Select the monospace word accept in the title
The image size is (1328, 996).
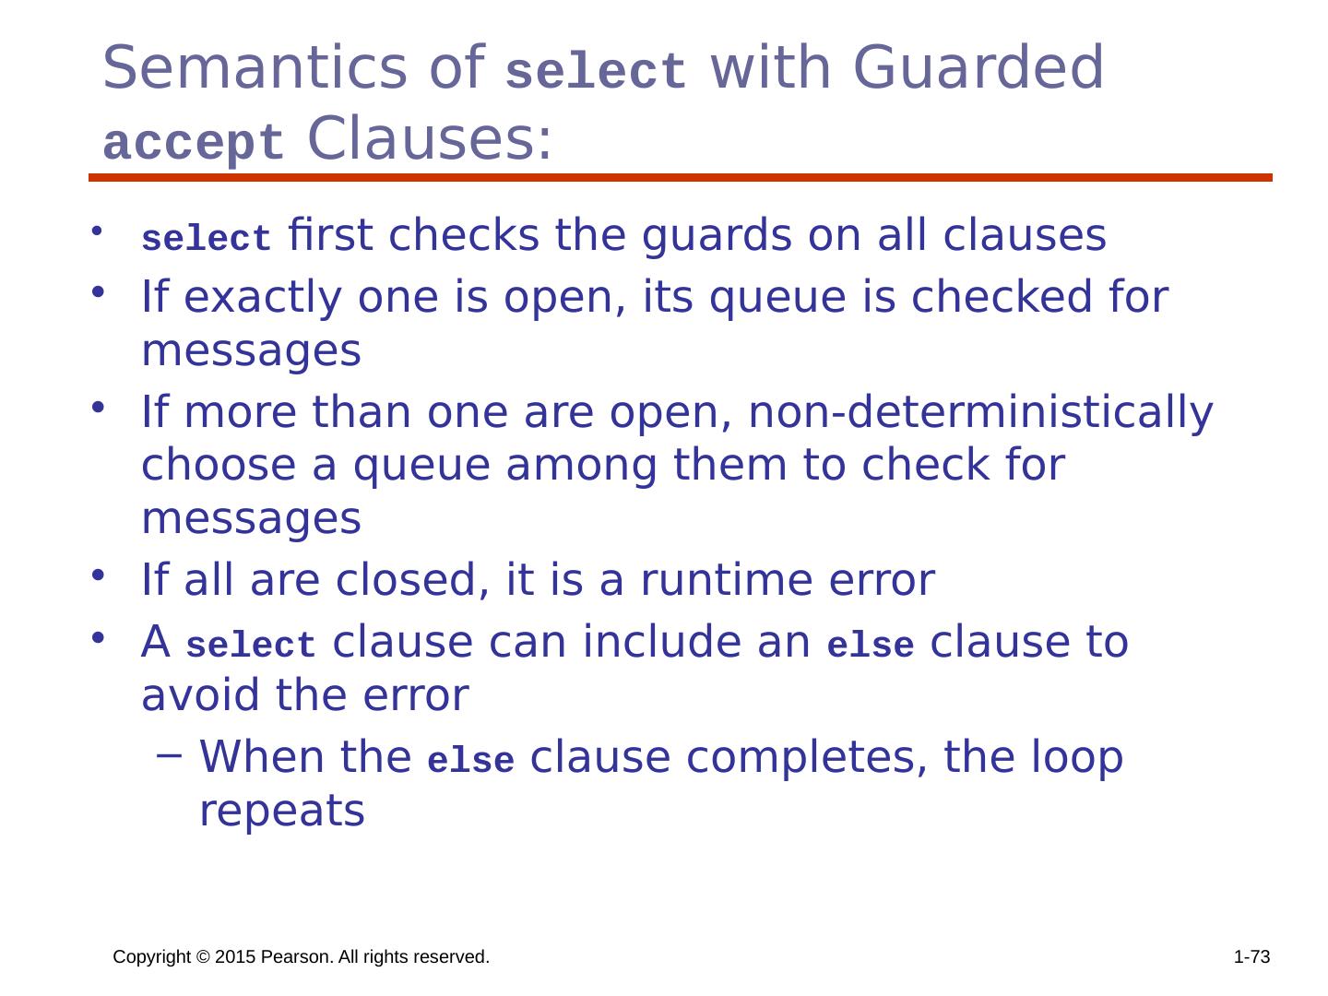[x=194, y=143]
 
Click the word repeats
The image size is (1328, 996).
[x=282, y=812]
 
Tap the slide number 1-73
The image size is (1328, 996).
[x=1251, y=958]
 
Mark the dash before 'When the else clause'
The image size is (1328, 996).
[x=166, y=757]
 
